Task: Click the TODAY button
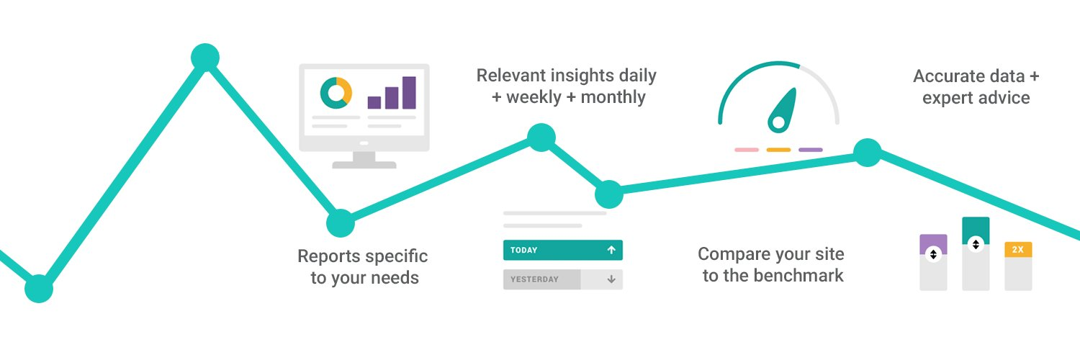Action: click(x=562, y=250)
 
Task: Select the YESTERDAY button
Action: click(x=562, y=279)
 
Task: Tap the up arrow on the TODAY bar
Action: click(x=611, y=250)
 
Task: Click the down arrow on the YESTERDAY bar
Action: click(x=611, y=279)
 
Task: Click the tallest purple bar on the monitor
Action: click(x=409, y=93)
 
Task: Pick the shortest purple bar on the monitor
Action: click(x=374, y=103)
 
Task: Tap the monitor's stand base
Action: click(x=364, y=165)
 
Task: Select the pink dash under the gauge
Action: click(x=747, y=150)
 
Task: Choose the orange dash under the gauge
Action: click(x=778, y=150)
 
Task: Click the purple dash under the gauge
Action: click(x=811, y=150)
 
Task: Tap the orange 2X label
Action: click(x=1018, y=250)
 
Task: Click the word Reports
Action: click(x=328, y=256)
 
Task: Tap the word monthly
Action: click(x=613, y=97)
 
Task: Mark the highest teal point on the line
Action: click(x=205, y=58)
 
